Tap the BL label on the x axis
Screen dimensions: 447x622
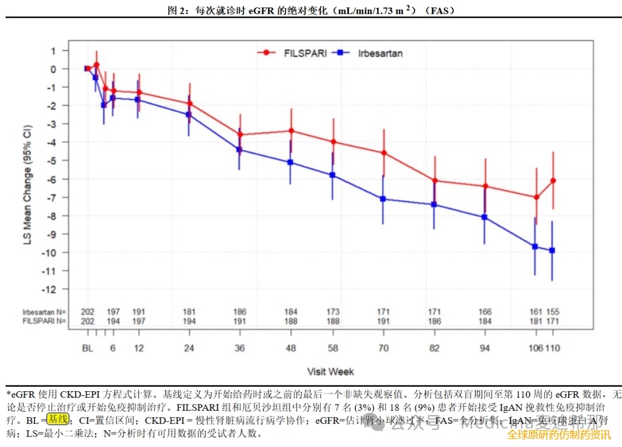point(88,348)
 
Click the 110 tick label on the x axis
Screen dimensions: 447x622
point(553,348)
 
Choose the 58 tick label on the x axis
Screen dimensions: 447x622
point(333,348)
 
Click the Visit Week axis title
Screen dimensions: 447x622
point(331,372)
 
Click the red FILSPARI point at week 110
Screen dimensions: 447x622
point(553,181)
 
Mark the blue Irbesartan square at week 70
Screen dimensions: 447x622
point(384,199)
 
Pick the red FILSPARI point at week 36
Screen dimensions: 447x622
point(240,135)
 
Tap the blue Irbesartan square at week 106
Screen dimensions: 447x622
point(536,246)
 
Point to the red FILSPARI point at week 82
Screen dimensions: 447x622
point(434,181)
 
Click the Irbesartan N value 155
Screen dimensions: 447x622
point(553,312)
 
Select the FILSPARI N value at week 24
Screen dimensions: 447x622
point(189,320)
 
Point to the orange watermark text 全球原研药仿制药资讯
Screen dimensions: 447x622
point(559,435)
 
